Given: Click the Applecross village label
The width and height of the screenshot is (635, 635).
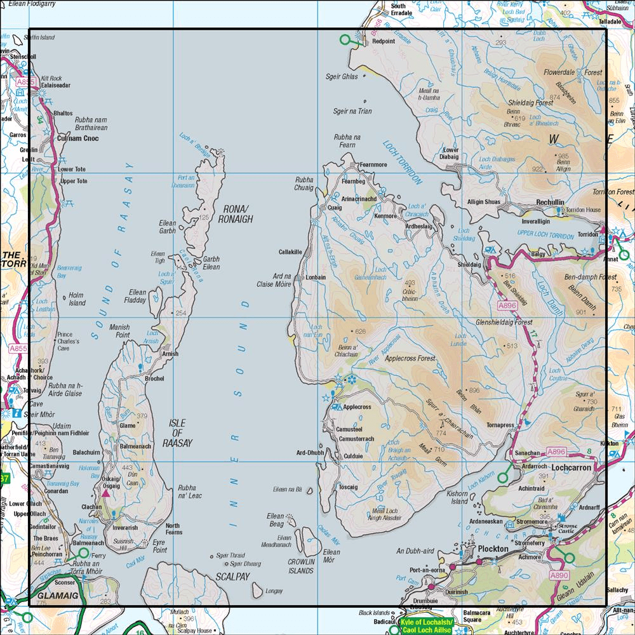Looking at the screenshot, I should click(x=357, y=406).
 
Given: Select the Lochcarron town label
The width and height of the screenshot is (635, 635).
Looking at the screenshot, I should click(x=571, y=467).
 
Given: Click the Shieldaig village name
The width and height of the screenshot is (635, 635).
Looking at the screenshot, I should click(x=469, y=264).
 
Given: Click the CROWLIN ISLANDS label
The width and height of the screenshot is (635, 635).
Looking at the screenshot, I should click(x=301, y=566).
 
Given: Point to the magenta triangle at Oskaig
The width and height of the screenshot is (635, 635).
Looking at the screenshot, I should click(x=106, y=492).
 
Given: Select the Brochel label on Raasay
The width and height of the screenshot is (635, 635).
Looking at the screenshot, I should click(x=154, y=378).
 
